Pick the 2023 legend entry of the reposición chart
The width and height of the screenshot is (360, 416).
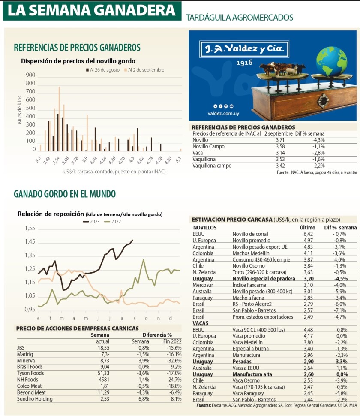(x=91, y=221)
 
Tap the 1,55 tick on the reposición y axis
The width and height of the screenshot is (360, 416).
(x=30, y=229)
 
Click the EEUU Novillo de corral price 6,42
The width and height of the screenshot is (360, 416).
(x=309, y=234)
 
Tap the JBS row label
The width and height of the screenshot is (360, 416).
(x=21, y=348)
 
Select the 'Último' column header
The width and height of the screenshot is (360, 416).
(x=308, y=227)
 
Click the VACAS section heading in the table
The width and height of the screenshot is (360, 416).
(x=201, y=323)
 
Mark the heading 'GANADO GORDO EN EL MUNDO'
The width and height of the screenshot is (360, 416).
(x=65, y=194)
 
